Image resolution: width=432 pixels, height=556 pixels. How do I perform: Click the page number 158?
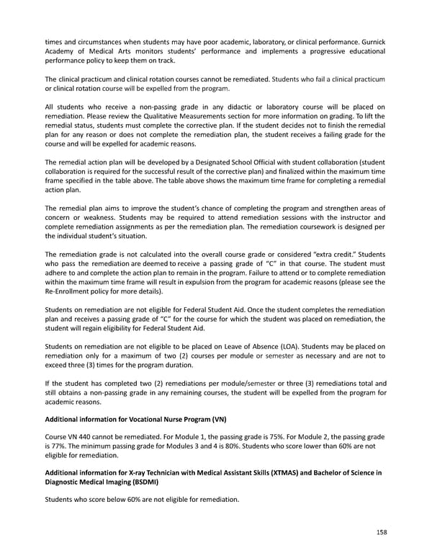(x=381, y=534)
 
